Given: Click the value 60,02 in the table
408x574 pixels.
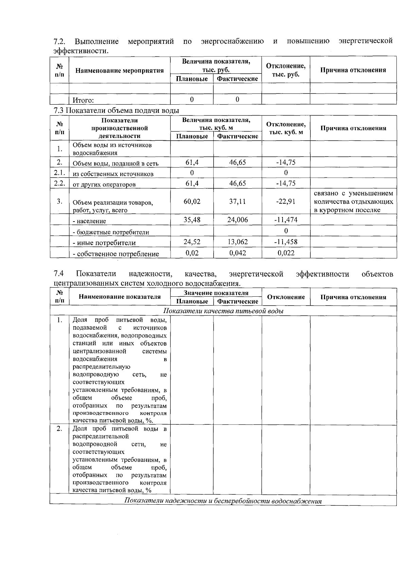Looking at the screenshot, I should tap(192, 202).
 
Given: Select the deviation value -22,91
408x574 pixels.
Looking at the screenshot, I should tap(286, 202).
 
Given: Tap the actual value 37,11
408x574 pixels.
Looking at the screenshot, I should tap(237, 202).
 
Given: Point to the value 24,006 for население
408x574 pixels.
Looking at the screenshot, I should tap(237, 220).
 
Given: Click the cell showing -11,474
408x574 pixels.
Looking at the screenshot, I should tap(286, 220).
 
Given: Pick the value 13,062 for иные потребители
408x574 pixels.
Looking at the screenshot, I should tap(237, 242).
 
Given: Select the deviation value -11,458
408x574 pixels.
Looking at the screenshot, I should tap(286, 242).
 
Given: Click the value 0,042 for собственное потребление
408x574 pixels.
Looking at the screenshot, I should tap(237, 253).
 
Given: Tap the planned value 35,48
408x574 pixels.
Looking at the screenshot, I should tap(192, 220).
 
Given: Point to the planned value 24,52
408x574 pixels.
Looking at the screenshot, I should tap(192, 242).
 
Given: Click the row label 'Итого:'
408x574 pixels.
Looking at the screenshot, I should tap(83, 100).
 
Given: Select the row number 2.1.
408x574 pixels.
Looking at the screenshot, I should tap(59, 173).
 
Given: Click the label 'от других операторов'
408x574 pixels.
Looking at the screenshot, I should tap(104, 185).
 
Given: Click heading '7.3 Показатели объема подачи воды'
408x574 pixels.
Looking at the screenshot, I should tap(116, 110).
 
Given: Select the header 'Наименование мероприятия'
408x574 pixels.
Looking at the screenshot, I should tap(119, 71).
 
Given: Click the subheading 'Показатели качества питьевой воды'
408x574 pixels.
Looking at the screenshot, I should tap(223, 311).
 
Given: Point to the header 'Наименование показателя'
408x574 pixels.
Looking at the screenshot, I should tap(119, 297).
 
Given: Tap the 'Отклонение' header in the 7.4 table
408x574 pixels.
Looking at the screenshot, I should tap(286, 297).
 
